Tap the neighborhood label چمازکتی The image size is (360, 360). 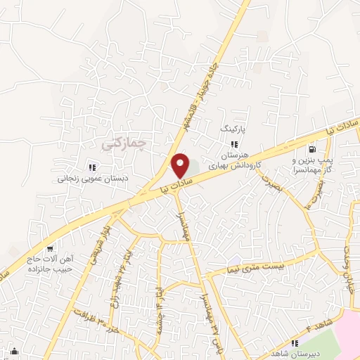coord(122,143)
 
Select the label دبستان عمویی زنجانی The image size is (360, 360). coord(91,179)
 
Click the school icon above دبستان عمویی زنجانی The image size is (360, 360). coord(91,167)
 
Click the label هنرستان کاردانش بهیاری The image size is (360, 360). coord(235,160)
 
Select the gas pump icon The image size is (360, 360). coord(312,149)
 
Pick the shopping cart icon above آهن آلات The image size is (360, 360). coord(50,248)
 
